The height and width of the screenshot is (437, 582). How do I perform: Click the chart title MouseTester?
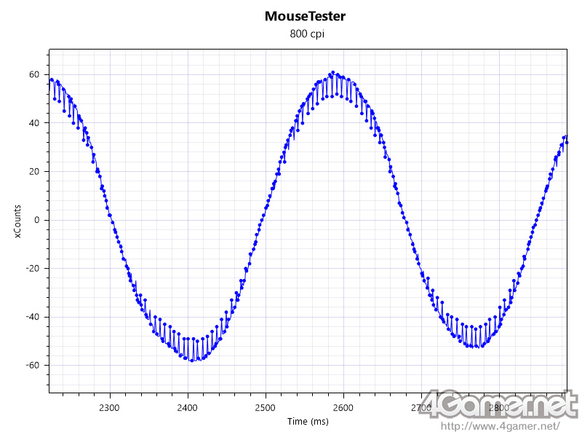coord(306,15)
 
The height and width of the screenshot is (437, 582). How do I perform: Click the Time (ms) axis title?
coord(306,422)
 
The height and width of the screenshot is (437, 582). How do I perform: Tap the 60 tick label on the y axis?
coord(33,74)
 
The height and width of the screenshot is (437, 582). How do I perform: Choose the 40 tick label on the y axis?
coord(33,123)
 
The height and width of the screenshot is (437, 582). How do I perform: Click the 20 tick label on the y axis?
coord(33,171)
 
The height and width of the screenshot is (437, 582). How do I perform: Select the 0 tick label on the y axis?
coord(36,220)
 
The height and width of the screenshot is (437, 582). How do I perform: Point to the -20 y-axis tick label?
coord(31,268)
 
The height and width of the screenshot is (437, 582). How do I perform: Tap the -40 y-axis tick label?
coord(31,317)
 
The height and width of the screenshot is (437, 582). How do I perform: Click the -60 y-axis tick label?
coord(31,365)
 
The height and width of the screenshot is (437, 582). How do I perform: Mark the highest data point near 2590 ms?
coord(332,73)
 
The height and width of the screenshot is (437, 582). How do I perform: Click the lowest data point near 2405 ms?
coord(191,361)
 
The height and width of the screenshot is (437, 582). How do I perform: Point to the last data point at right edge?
coord(566,136)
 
